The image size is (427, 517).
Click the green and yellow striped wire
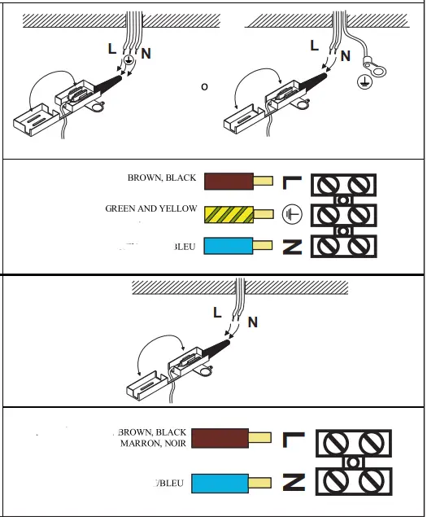pyautogui.click(x=229, y=214)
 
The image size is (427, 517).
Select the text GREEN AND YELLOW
pyautogui.click(x=150, y=209)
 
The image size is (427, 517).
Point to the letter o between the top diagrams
pyautogui.click(x=204, y=85)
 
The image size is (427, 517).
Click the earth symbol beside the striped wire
pyautogui.click(x=291, y=215)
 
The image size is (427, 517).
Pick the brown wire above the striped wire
pyautogui.click(x=229, y=182)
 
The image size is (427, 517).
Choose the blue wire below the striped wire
pyautogui.click(x=229, y=247)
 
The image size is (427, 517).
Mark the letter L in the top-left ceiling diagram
pyautogui.click(x=111, y=49)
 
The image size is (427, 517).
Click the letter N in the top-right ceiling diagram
pyautogui.click(x=346, y=56)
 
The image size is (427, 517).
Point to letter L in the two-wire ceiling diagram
pyautogui.click(x=216, y=312)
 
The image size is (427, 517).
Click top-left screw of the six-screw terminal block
pyautogui.click(x=330, y=183)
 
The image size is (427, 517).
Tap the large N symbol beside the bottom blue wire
pyautogui.click(x=293, y=484)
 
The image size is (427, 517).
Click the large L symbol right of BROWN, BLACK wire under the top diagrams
pyautogui.click(x=292, y=183)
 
